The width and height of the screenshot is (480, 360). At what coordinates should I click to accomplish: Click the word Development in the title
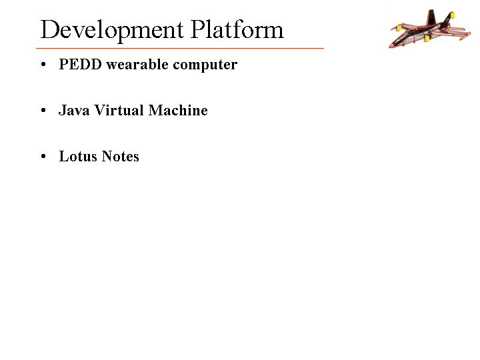[x=112, y=31]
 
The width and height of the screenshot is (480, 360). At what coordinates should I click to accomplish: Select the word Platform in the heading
[x=237, y=29]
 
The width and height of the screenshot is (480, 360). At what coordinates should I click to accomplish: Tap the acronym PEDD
[x=80, y=64]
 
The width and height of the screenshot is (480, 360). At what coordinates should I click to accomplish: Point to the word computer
[x=205, y=65]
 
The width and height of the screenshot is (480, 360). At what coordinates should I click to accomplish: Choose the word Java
[x=74, y=110]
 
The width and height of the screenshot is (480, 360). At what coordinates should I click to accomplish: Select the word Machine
[x=178, y=110]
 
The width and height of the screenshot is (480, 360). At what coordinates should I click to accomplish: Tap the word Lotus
[x=78, y=156]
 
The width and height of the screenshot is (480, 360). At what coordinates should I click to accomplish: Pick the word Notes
[x=120, y=156]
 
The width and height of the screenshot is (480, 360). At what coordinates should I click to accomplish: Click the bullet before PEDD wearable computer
[x=43, y=65]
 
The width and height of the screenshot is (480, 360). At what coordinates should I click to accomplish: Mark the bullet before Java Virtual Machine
[x=43, y=111]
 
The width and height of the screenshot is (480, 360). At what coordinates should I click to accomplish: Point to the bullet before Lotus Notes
[x=43, y=157]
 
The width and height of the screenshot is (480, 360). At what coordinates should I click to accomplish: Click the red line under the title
[x=180, y=48]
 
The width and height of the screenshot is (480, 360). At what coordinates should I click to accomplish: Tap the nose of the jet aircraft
[x=390, y=46]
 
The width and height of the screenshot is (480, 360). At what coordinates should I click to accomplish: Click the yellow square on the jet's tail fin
[x=453, y=15]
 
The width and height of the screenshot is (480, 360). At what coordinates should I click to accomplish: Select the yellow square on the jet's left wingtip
[x=399, y=28]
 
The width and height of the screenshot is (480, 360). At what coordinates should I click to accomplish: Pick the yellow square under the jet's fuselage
[x=427, y=38]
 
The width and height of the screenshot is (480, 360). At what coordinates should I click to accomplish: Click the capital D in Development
[x=49, y=29]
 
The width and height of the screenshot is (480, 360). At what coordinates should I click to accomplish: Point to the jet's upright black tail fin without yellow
[x=431, y=17]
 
